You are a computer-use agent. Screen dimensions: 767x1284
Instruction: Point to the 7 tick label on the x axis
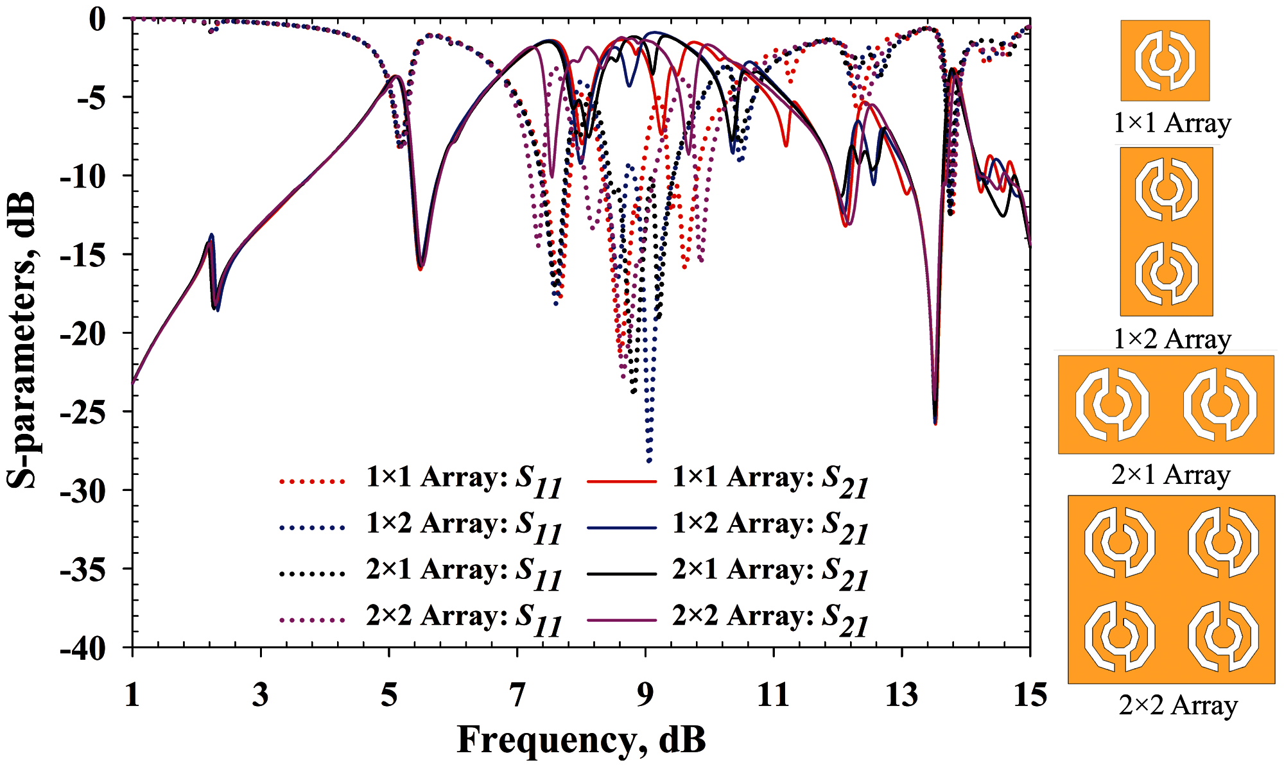click(x=517, y=695)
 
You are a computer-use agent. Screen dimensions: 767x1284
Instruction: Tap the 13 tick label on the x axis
click(x=901, y=695)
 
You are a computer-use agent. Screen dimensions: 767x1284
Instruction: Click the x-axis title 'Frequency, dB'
click(x=581, y=739)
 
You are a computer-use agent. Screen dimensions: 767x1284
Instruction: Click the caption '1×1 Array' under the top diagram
click(x=1172, y=123)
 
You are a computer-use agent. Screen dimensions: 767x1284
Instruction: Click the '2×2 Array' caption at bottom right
click(x=1178, y=705)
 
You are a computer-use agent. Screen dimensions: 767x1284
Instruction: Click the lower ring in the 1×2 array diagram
click(x=1167, y=272)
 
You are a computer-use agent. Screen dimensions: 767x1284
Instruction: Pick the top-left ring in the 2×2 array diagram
click(x=1120, y=543)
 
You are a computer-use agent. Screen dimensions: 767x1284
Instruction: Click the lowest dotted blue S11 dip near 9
click(x=649, y=460)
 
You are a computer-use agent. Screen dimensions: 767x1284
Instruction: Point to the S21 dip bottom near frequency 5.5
click(x=421, y=268)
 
